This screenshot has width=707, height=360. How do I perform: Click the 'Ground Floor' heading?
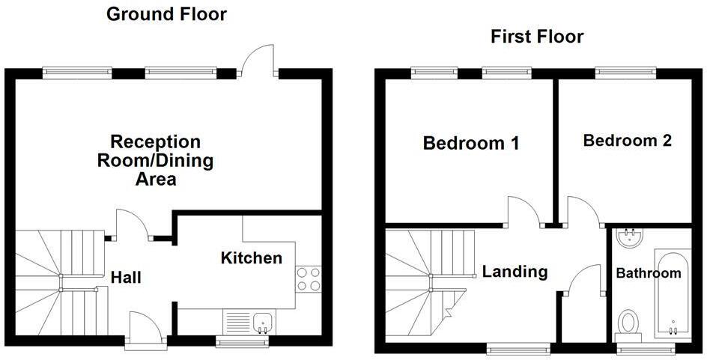(x=166, y=13)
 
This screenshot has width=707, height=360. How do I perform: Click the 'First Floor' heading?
(x=537, y=37)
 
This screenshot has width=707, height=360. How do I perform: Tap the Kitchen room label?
(x=252, y=258)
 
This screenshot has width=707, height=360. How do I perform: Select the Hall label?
(x=126, y=278)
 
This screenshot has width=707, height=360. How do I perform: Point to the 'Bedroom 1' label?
(x=471, y=143)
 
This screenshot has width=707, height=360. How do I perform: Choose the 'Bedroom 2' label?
(x=628, y=140)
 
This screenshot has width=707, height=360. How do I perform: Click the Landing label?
(x=515, y=272)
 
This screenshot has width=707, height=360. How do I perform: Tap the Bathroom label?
(x=649, y=273)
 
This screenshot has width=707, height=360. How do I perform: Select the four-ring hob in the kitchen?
(x=309, y=279)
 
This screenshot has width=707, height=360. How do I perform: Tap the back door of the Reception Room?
(x=262, y=60)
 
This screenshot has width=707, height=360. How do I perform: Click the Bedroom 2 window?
(x=626, y=73)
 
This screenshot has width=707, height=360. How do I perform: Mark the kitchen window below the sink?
(x=243, y=341)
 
